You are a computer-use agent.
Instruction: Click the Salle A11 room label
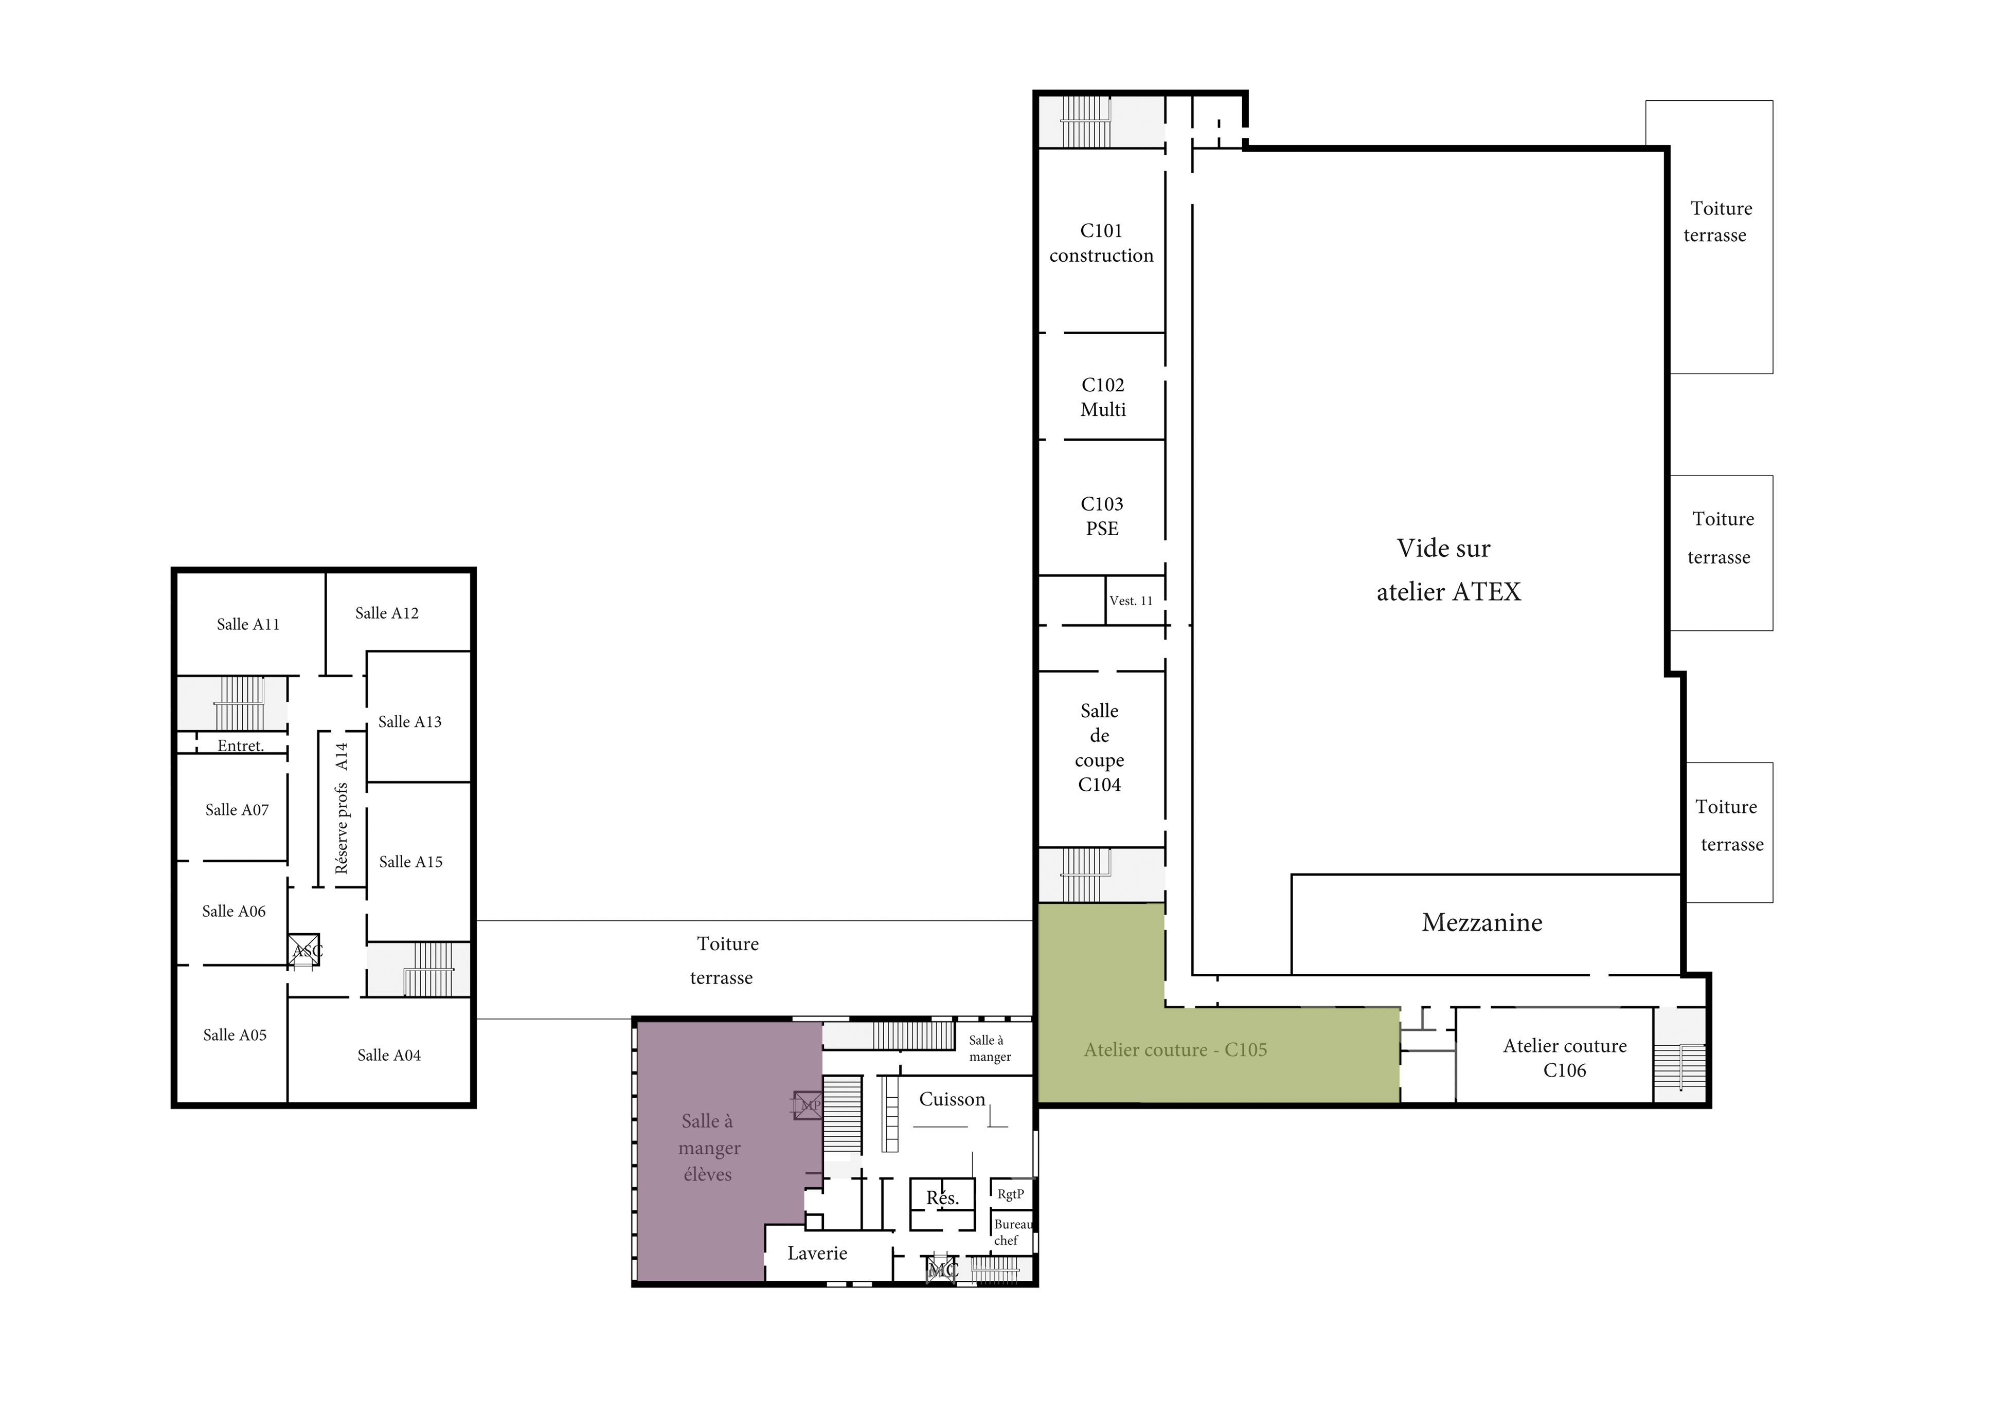click(x=248, y=624)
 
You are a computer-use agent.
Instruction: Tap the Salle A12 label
click(x=387, y=613)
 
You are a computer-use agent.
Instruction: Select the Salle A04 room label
click(x=388, y=1055)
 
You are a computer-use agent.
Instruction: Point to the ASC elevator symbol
click(x=304, y=950)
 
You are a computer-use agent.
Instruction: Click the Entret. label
click(x=240, y=746)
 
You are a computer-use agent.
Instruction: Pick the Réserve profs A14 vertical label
click(x=342, y=808)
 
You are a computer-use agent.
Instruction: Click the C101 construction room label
click(x=1101, y=243)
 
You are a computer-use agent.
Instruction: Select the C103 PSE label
click(x=1102, y=516)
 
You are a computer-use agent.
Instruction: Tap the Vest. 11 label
click(x=1131, y=601)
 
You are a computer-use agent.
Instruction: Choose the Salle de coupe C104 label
click(x=1099, y=748)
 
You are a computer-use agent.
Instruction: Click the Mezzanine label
click(x=1482, y=923)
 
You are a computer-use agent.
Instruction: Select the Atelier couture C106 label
click(x=1565, y=1058)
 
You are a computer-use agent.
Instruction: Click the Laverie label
click(x=817, y=1253)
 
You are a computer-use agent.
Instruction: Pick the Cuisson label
click(x=952, y=1099)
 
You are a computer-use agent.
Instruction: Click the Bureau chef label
click(x=1013, y=1232)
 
